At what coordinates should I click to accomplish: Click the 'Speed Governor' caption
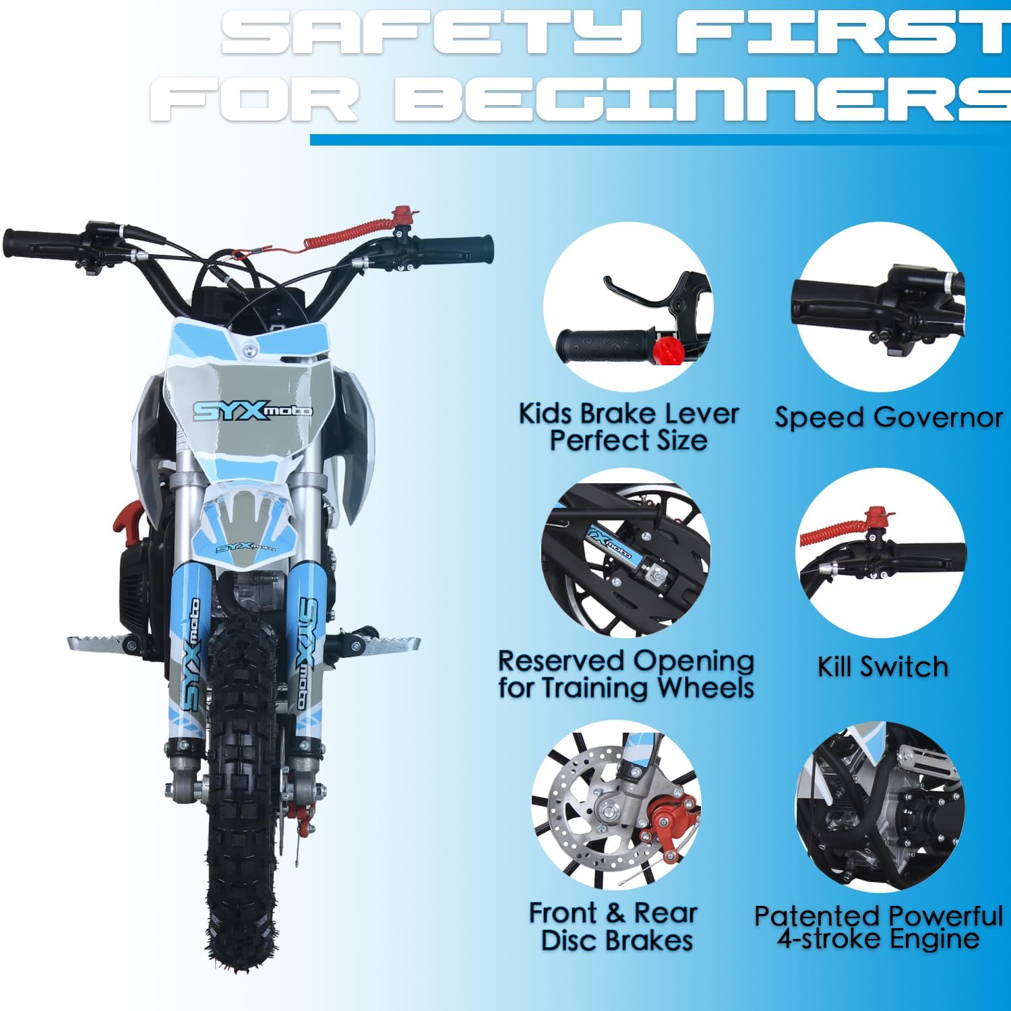[x=888, y=418]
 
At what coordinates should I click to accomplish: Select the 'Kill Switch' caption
[x=882, y=667]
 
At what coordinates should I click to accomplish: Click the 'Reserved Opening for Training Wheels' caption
[x=625, y=674]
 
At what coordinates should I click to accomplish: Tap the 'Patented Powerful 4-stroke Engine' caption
[x=878, y=927]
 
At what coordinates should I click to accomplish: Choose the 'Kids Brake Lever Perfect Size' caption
[x=628, y=427]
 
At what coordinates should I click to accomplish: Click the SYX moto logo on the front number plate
[x=252, y=410]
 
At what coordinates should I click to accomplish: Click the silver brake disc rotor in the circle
[x=580, y=802]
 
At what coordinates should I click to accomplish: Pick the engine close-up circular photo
[x=880, y=805]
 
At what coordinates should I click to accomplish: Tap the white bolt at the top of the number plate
[x=251, y=350]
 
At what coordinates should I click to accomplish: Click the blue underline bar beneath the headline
[x=661, y=140]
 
